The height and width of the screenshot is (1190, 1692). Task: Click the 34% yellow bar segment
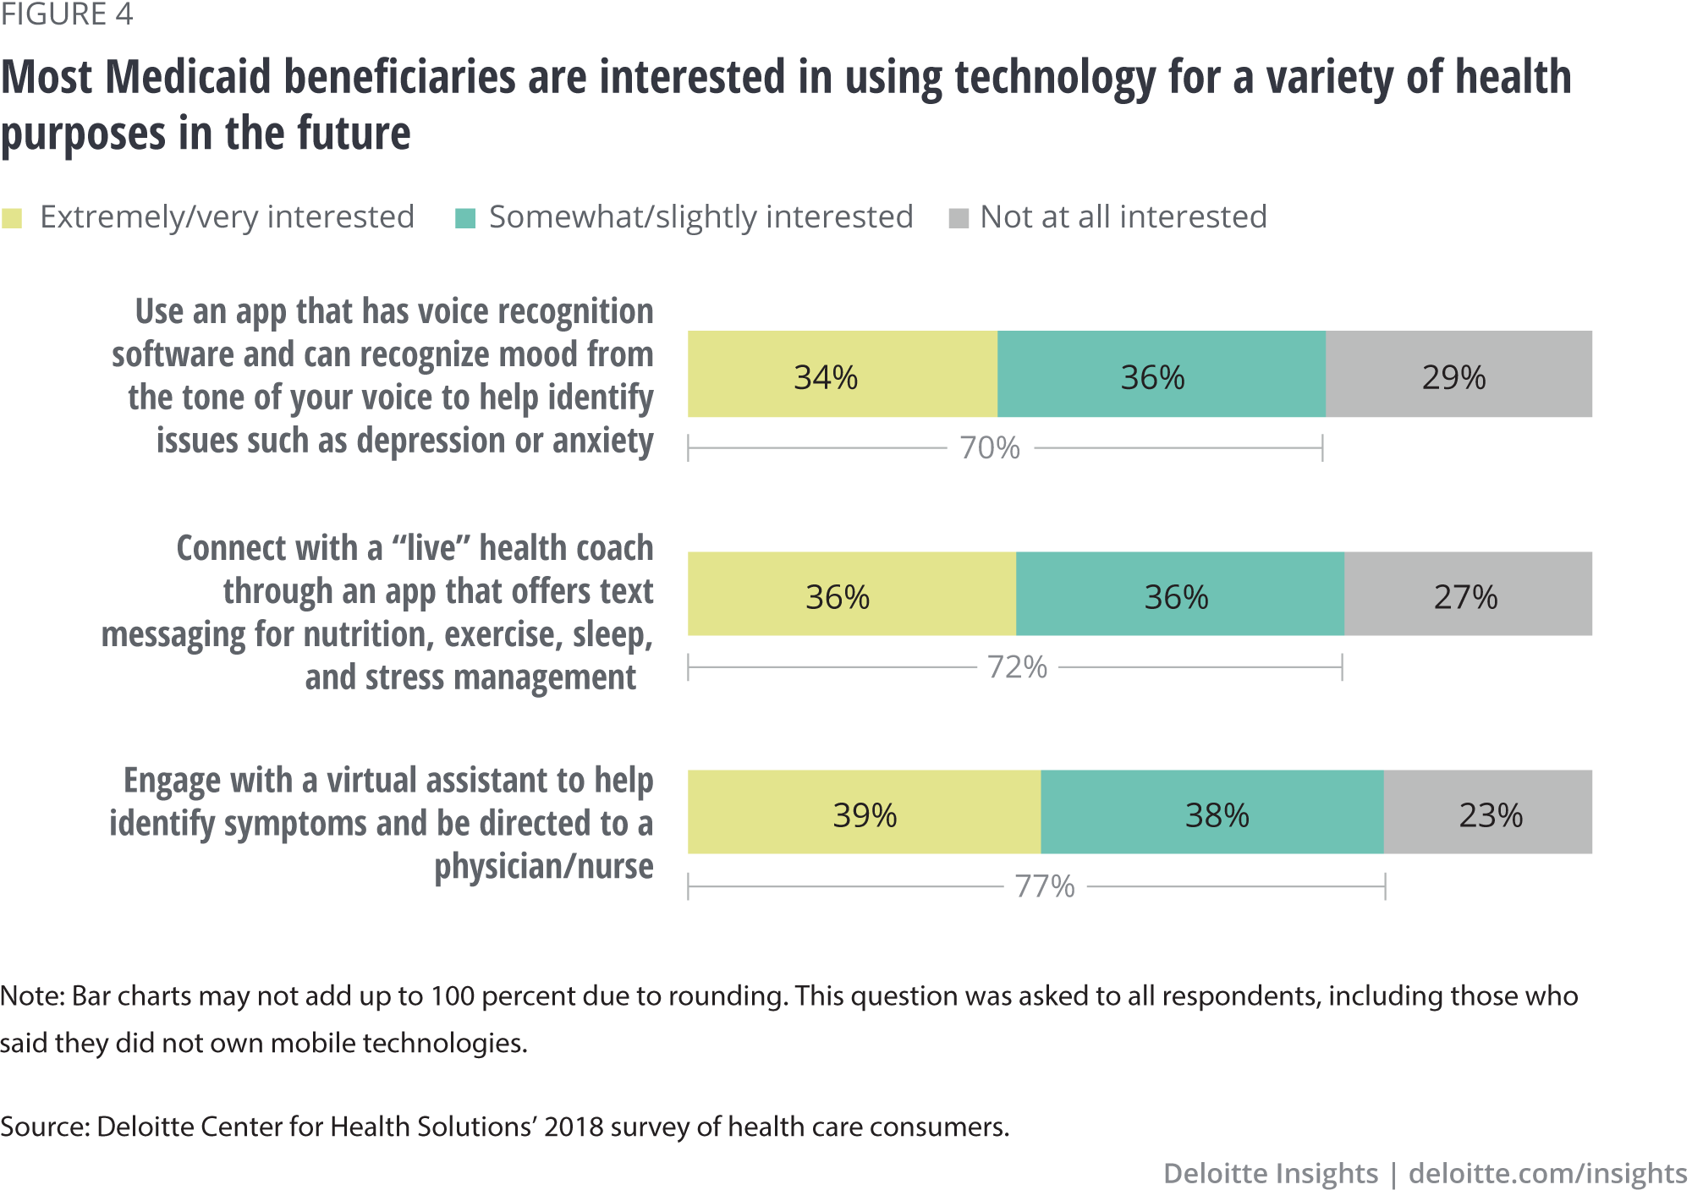tap(842, 374)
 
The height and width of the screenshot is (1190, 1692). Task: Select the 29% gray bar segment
tap(1458, 374)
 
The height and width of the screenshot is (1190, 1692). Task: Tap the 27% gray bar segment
tap(1467, 594)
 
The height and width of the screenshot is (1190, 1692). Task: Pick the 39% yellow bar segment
tap(863, 812)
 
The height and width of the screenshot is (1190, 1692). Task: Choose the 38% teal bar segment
tap(1211, 812)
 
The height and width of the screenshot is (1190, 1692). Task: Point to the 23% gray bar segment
tap(1487, 812)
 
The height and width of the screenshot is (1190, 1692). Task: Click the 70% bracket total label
tap(990, 447)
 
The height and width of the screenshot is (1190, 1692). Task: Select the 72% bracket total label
tap(1017, 667)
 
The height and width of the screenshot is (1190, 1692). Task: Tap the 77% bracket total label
tap(1045, 886)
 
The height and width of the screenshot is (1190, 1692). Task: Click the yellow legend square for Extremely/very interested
tap(12, 218)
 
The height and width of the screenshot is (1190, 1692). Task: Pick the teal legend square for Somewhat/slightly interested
tap(465, 218)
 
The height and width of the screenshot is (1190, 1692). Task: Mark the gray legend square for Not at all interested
tap(959, 218)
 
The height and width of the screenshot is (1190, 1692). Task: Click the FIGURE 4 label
tap(67, 14)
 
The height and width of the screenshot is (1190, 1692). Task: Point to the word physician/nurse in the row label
tap(543, 866)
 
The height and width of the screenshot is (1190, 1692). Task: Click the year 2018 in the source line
tap(573, 1127)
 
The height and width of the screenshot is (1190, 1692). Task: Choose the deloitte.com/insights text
tap(1547, 1173)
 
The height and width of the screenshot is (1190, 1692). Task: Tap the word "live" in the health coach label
tap(431, 548)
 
